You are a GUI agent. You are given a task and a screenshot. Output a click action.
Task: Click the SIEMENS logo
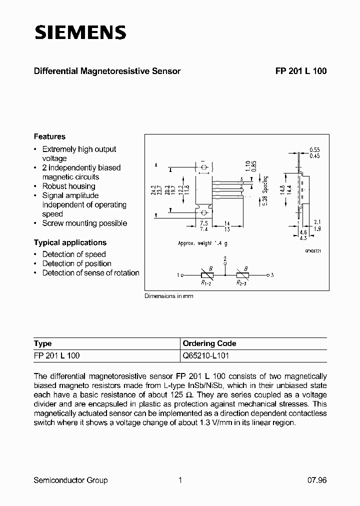pyautogui.click(x=80, y=32)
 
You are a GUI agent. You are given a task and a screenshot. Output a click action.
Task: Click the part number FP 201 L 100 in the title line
pyautogui.click(x=300, y=71)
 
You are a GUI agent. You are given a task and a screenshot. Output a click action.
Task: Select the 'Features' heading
pyautogui.click(x=49, y=136)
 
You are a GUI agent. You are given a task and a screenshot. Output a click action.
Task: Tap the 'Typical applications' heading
pyautogui.click(x=70, y=242)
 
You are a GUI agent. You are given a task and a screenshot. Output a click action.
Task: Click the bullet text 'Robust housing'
pyautogui.click(x=68, y=186)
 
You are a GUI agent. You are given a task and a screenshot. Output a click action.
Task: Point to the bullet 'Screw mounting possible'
pyautogui.click(x=84, y=223)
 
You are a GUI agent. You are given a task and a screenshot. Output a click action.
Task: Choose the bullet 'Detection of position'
pyautogui.click(x=76, y=263)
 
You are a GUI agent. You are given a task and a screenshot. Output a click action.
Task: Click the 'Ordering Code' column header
pyautogui.click(x=209, y=343)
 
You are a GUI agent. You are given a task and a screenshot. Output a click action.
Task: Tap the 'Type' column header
pyautogui.click(x=42, y=343)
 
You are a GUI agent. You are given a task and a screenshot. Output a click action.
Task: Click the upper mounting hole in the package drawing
pyautogui.click(x=204, y=166)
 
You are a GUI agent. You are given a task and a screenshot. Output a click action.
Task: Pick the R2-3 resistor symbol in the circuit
pyautogui.click(x=242, y=275)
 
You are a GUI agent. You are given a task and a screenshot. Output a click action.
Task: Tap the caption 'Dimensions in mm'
pyautogui.click(x=169, y=296)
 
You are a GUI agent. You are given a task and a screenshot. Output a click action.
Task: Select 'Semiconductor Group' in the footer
pyautogui.click(x=70, y=480)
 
